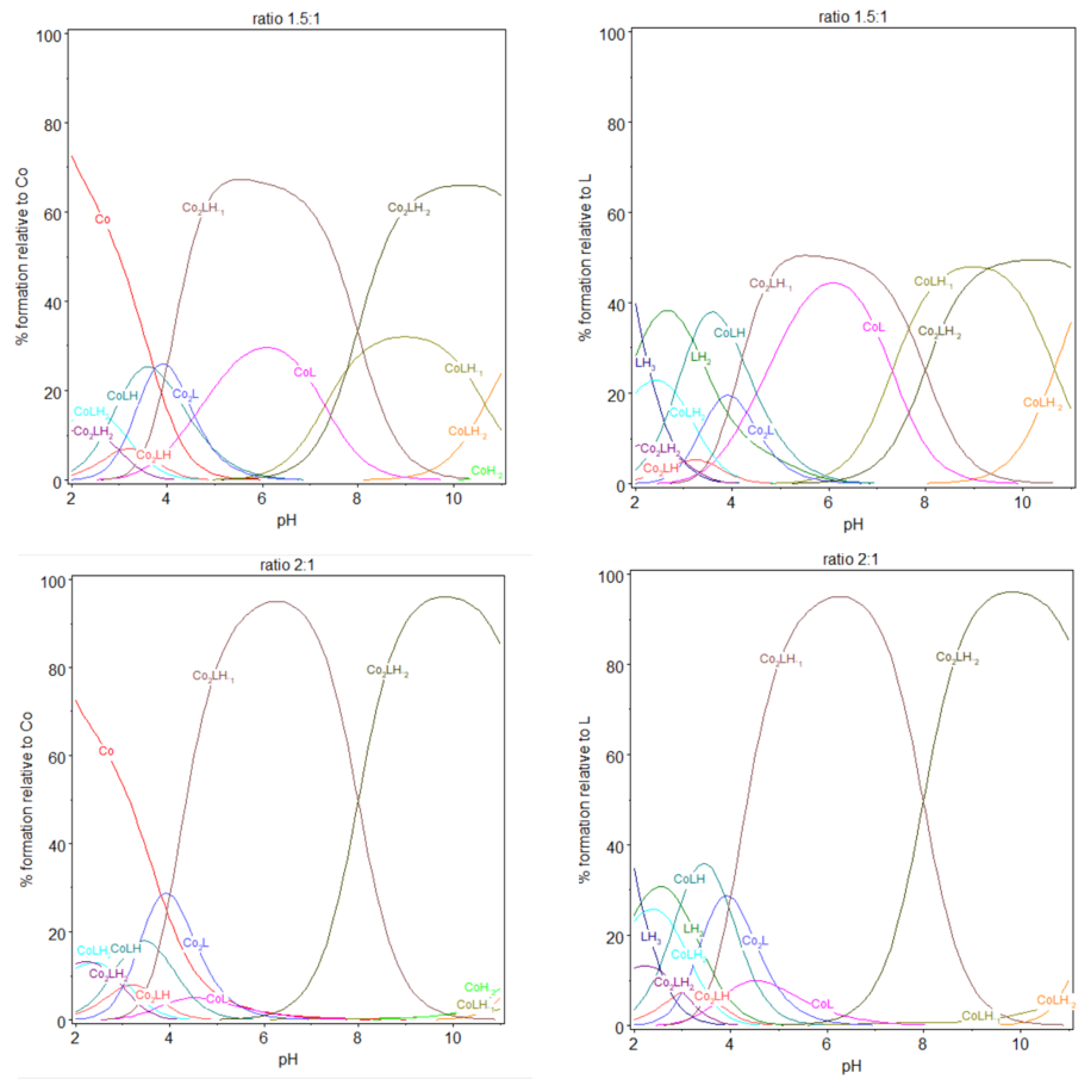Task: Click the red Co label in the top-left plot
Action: tap(102, 219)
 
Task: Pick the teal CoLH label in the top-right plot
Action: tap(729, 333)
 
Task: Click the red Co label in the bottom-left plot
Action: tap(106, 751)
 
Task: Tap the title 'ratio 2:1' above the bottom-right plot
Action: tap(850, 559)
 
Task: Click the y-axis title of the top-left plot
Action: tap(21, 256)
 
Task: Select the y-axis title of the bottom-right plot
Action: tap(584, 799)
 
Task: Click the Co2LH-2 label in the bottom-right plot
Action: tap(957, 658)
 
